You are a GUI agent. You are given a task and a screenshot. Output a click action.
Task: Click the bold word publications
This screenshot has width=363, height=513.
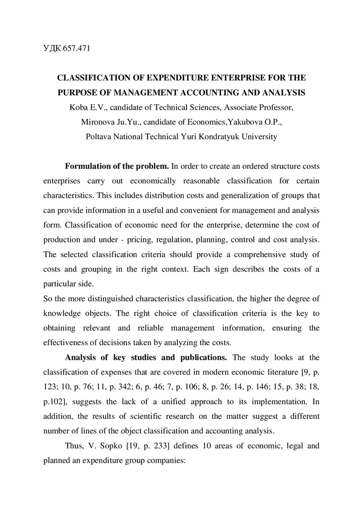click(x=201, y=357)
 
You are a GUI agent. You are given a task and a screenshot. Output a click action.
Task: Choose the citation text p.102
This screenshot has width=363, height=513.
click(x=55, y=401)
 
